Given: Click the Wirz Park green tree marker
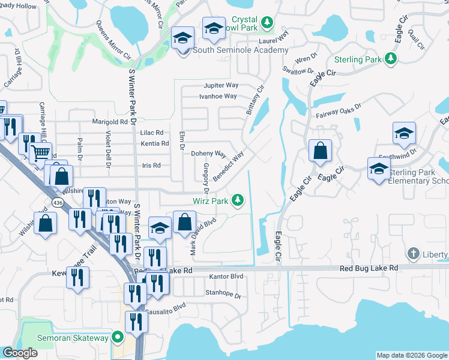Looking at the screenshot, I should [238, 200].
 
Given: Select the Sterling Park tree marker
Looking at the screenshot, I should [391, 58].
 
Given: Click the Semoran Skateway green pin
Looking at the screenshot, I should [119, 337].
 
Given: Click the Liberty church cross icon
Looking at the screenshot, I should [413, 254].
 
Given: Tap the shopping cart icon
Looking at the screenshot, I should [40, 152].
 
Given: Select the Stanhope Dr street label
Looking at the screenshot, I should [223, 296].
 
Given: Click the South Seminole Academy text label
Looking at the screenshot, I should [240, 50].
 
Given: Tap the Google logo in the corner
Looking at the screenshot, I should [20, 353].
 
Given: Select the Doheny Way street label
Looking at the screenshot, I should [208, 154].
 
